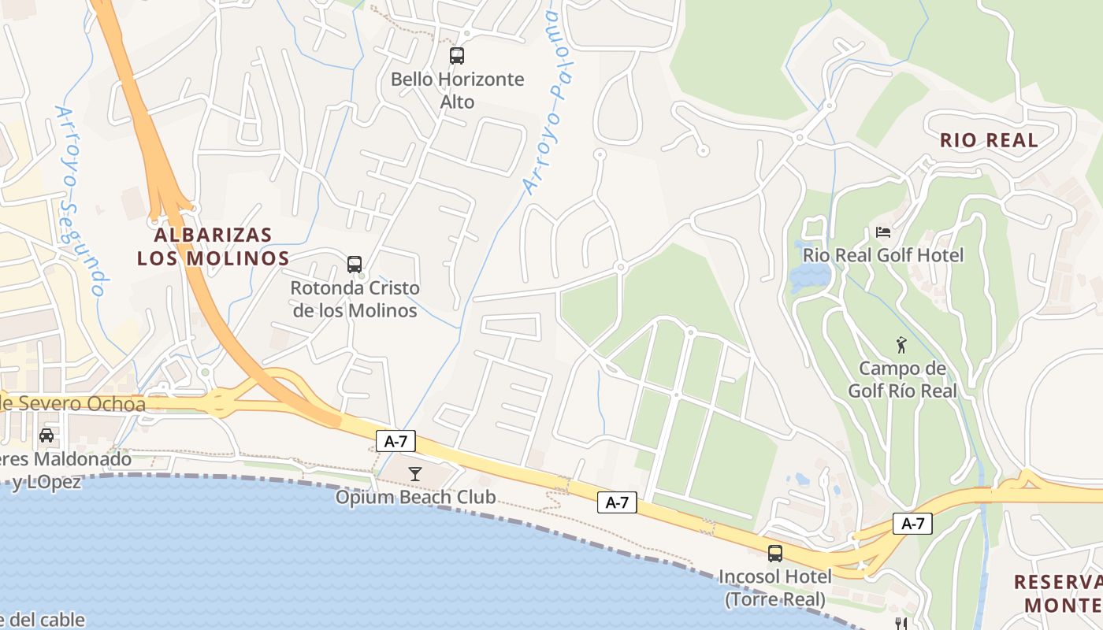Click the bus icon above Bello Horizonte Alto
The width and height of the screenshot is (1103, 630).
457,56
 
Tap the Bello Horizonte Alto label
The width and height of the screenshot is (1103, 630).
457,91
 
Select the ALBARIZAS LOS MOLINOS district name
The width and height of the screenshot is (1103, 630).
214,246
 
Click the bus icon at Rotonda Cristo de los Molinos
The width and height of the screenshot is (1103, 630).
355,264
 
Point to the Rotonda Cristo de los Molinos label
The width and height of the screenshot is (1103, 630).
355,299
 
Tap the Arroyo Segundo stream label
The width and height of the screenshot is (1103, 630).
81,201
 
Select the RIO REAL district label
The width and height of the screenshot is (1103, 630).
989,141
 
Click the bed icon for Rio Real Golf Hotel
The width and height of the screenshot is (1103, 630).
883,232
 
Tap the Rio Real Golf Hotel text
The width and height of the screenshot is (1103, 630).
883,255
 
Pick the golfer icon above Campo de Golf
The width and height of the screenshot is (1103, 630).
901,344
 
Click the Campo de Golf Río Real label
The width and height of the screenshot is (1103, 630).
902,380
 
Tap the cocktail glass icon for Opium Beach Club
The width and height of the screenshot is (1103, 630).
415,473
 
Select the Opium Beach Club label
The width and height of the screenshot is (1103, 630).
415,497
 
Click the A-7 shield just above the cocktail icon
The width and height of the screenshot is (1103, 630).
396,441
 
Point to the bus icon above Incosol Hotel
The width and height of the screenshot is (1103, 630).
775,553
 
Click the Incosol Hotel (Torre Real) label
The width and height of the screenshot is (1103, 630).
775,587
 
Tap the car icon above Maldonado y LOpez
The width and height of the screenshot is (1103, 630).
46,435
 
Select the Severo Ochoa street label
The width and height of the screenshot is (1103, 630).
73,405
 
